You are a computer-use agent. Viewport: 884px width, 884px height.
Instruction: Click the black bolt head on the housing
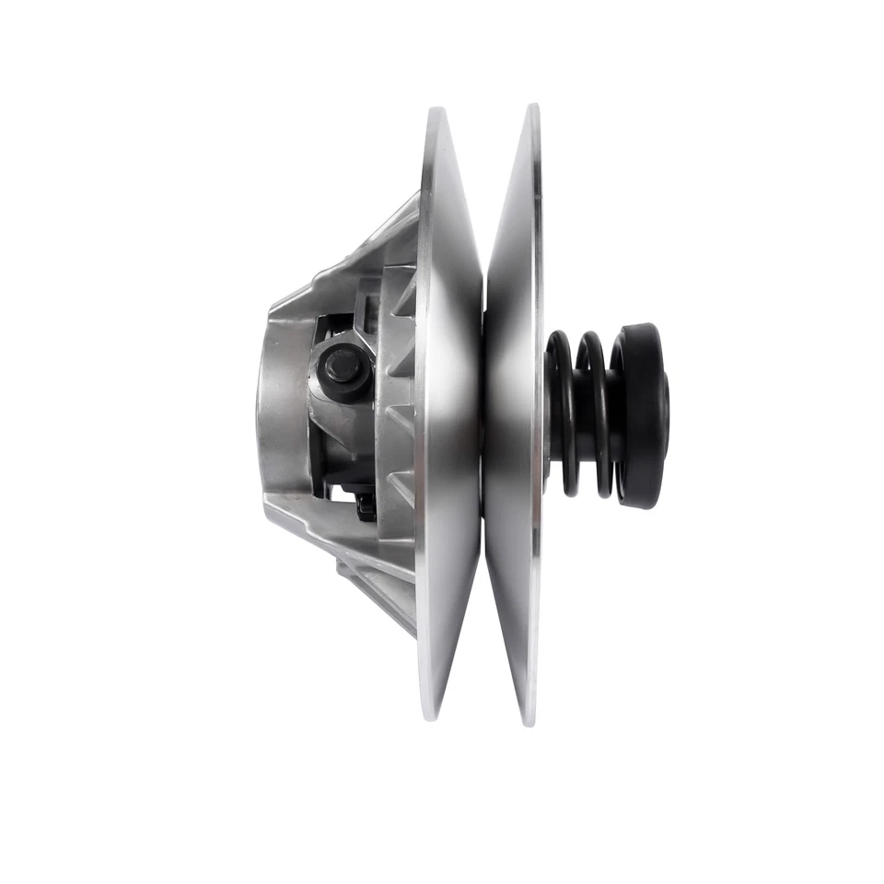pos(341,366)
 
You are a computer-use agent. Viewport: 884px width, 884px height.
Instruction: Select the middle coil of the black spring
pos(589,413)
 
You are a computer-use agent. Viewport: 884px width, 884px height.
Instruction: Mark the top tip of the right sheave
pos(532,109)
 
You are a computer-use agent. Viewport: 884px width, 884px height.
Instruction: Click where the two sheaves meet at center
pos(483,414)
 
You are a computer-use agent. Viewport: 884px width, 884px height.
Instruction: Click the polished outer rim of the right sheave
pos(536,276)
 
